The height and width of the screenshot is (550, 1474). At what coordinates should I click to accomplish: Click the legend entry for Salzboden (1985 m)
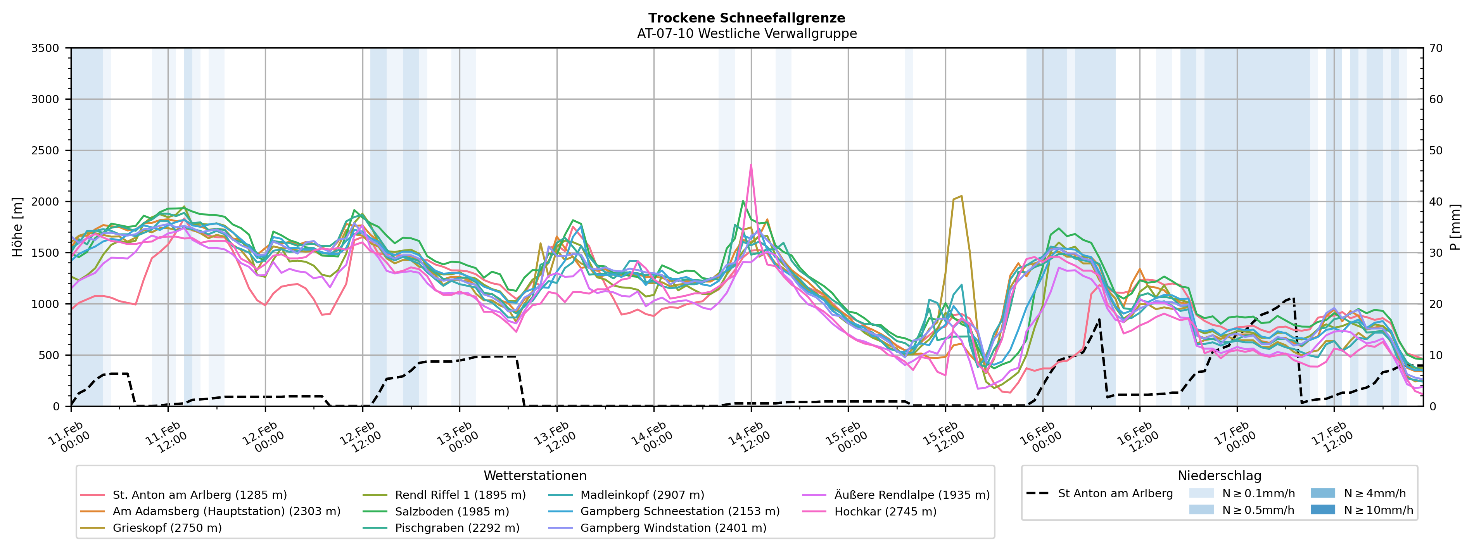(451, 511)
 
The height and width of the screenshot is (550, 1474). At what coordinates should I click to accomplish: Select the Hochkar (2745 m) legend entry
(885, 511)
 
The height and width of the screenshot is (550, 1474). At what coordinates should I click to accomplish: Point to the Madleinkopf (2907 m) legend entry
(642, 495)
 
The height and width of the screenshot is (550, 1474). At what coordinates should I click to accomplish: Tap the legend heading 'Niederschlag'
(1219, 476)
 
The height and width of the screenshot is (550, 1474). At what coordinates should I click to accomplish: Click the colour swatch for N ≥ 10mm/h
(1322, 509)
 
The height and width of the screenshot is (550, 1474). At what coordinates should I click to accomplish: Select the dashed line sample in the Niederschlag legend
(1037, 493)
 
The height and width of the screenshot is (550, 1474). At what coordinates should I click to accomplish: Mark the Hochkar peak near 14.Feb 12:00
(751, 165)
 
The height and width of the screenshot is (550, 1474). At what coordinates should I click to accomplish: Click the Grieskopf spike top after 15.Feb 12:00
(961, 196)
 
